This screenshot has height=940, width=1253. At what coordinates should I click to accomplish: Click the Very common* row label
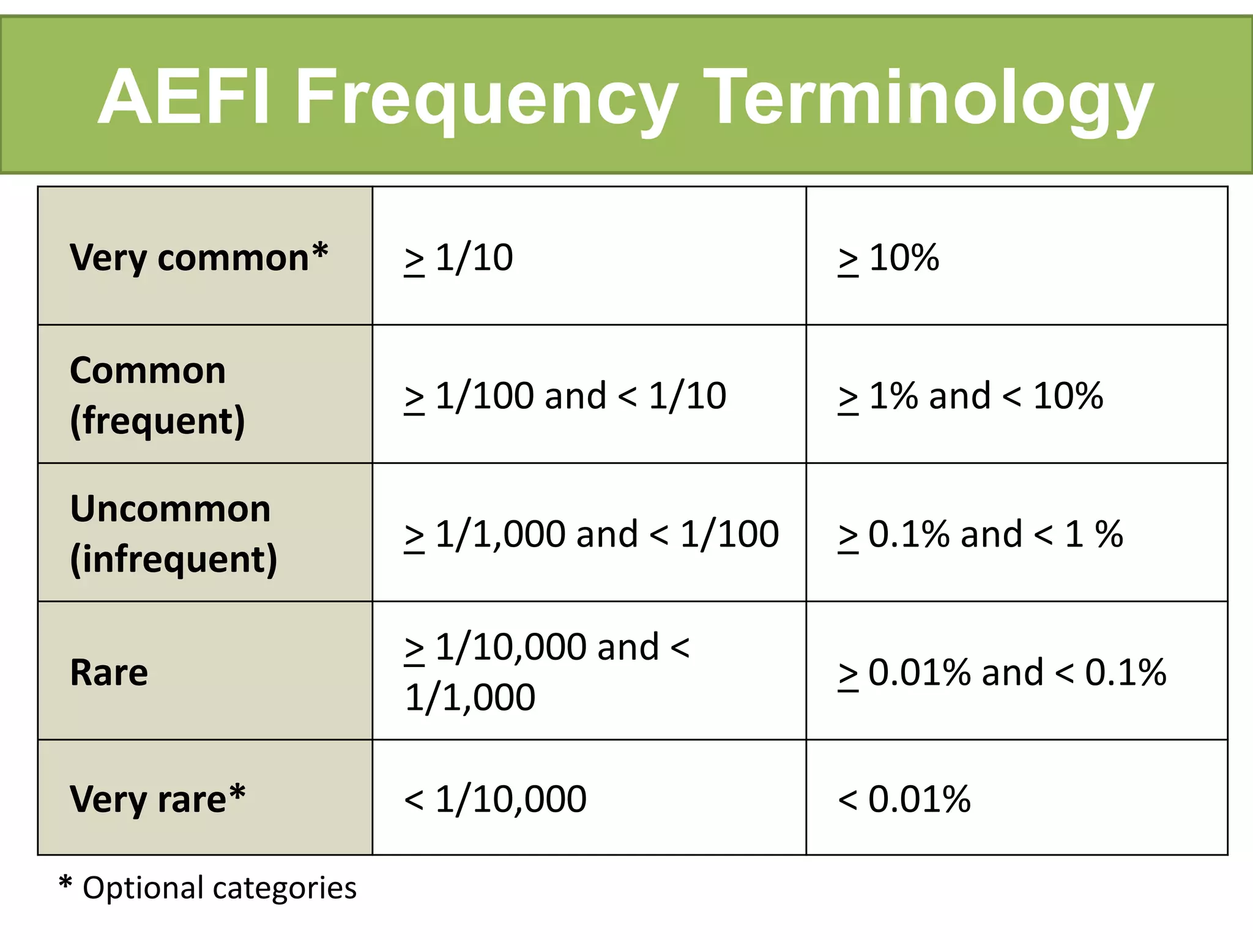(199, 257)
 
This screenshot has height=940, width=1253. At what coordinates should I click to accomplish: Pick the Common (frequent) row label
(157, 395)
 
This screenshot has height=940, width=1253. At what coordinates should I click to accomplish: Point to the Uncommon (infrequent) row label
(173, 534)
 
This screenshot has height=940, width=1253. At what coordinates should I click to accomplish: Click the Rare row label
(109, 672)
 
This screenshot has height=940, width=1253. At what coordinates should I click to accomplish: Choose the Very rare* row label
(157, 799)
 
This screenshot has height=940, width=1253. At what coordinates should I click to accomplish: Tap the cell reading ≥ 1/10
(459, 258)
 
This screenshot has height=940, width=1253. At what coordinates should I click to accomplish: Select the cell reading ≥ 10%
(888, 258)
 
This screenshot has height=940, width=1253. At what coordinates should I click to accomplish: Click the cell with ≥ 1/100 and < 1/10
(565, 396)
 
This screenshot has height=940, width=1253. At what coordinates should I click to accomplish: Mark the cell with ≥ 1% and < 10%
(970, 396)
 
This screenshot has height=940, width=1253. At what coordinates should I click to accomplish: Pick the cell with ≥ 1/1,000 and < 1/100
(591, 534)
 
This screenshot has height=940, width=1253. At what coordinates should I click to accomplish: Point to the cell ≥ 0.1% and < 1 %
(980, 534)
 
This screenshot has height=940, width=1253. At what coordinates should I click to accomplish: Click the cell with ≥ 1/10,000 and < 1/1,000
(547, 672)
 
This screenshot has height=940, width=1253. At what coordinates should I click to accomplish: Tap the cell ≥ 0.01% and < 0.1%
(1002, 673)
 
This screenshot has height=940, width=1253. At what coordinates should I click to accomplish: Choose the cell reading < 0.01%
(904, 799)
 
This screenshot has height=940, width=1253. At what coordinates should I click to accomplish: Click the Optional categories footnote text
(219, 888)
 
